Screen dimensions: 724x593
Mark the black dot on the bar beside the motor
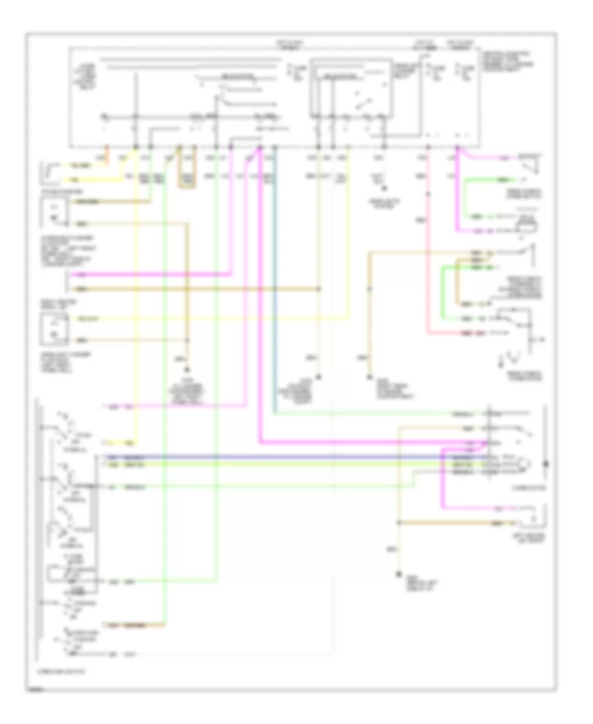click(546, 464)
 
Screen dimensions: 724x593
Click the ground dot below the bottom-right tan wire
click(397, 575)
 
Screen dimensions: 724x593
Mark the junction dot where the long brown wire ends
click(319, 288)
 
